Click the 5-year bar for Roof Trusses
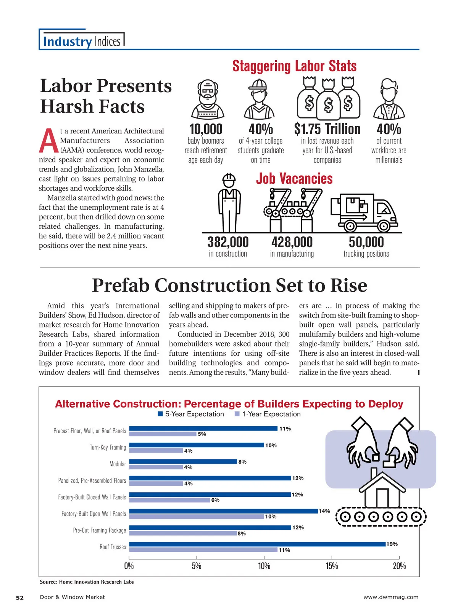257,544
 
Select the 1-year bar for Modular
156,467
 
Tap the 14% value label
324,511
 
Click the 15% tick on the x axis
332,566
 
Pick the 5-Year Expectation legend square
161,414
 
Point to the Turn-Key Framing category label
108,447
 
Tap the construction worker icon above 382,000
229,202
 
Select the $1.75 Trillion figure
327,129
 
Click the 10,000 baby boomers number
206,129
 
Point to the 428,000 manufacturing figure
292,242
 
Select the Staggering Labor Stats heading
294,66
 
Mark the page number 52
19,597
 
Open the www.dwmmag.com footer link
391,597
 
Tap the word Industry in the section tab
67,41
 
